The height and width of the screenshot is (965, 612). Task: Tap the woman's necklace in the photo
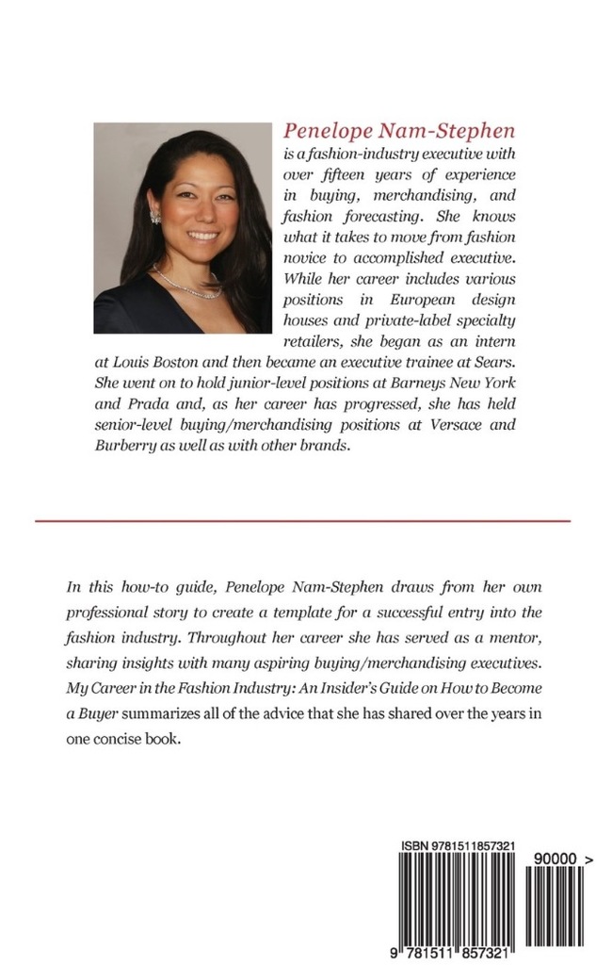pyautogui.click(x=187, y=284)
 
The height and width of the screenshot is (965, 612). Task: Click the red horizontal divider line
pyautogui.click(x=303, y=520)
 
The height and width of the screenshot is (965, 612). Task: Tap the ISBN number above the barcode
pyautogui.click(x=457, y=845)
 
